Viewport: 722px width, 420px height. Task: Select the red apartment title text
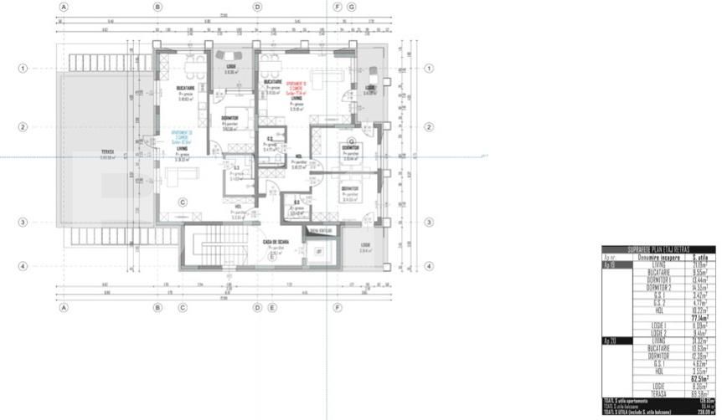[297, 85]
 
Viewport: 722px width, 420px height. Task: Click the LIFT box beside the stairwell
[318, 251]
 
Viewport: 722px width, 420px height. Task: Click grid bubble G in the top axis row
[351, 6]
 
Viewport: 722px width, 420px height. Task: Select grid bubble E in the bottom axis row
[272, 308]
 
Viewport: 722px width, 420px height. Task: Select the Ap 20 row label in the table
[611, 341]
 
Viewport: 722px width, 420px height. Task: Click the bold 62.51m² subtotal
[699, 378]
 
